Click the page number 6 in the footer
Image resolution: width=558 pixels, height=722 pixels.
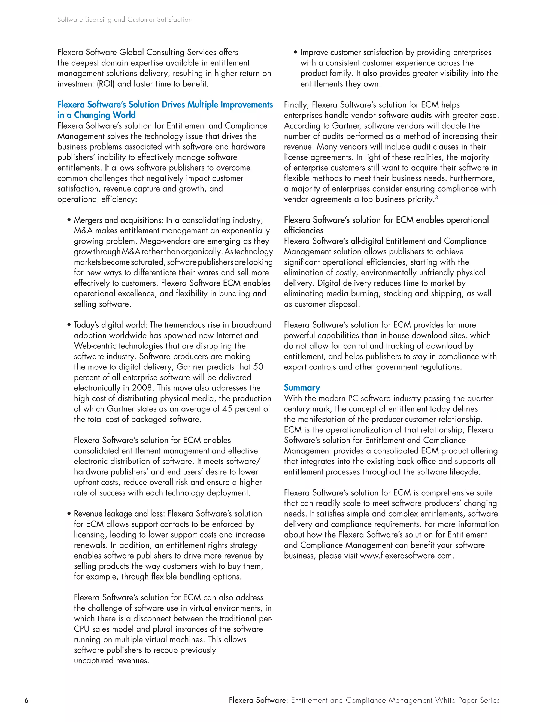[26, 700]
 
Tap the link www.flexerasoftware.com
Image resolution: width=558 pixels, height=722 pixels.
[406, 556]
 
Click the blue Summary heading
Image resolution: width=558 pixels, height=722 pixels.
[302, 387]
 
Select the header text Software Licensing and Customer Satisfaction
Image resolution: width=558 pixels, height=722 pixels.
[124, 20]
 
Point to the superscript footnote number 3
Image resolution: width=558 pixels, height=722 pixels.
[436, 197]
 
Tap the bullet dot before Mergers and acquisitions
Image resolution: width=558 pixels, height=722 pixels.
[69, 220]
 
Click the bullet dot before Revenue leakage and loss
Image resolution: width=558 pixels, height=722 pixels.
[69, 514]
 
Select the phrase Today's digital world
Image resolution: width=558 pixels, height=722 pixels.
[110, 325]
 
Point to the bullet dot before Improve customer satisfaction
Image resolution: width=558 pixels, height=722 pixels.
[296, 53]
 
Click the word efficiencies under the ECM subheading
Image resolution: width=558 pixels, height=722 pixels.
[304, 230]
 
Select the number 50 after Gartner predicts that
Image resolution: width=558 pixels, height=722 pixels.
[258, 367]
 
